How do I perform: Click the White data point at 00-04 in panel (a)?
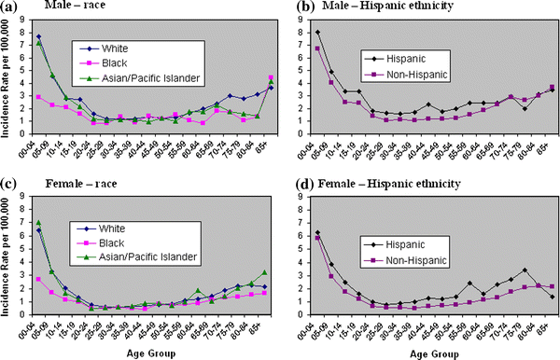[38, 36]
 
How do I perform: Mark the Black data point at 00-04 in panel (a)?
[38, 96]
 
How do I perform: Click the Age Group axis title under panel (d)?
[435, 353]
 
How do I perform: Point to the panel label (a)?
[10, 8]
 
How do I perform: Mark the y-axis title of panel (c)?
[7, 260]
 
